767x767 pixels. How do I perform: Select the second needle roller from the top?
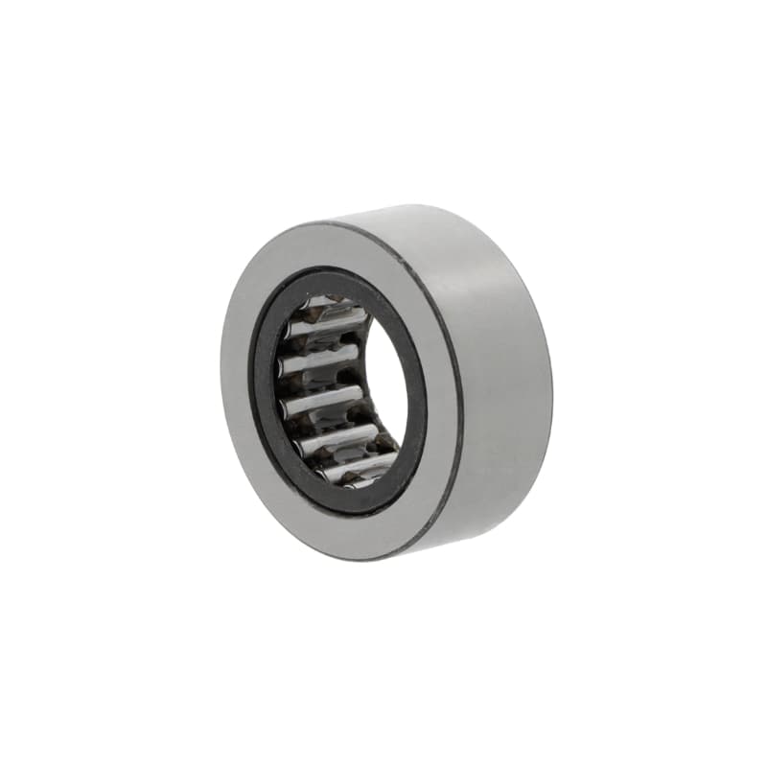pos(321,362)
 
